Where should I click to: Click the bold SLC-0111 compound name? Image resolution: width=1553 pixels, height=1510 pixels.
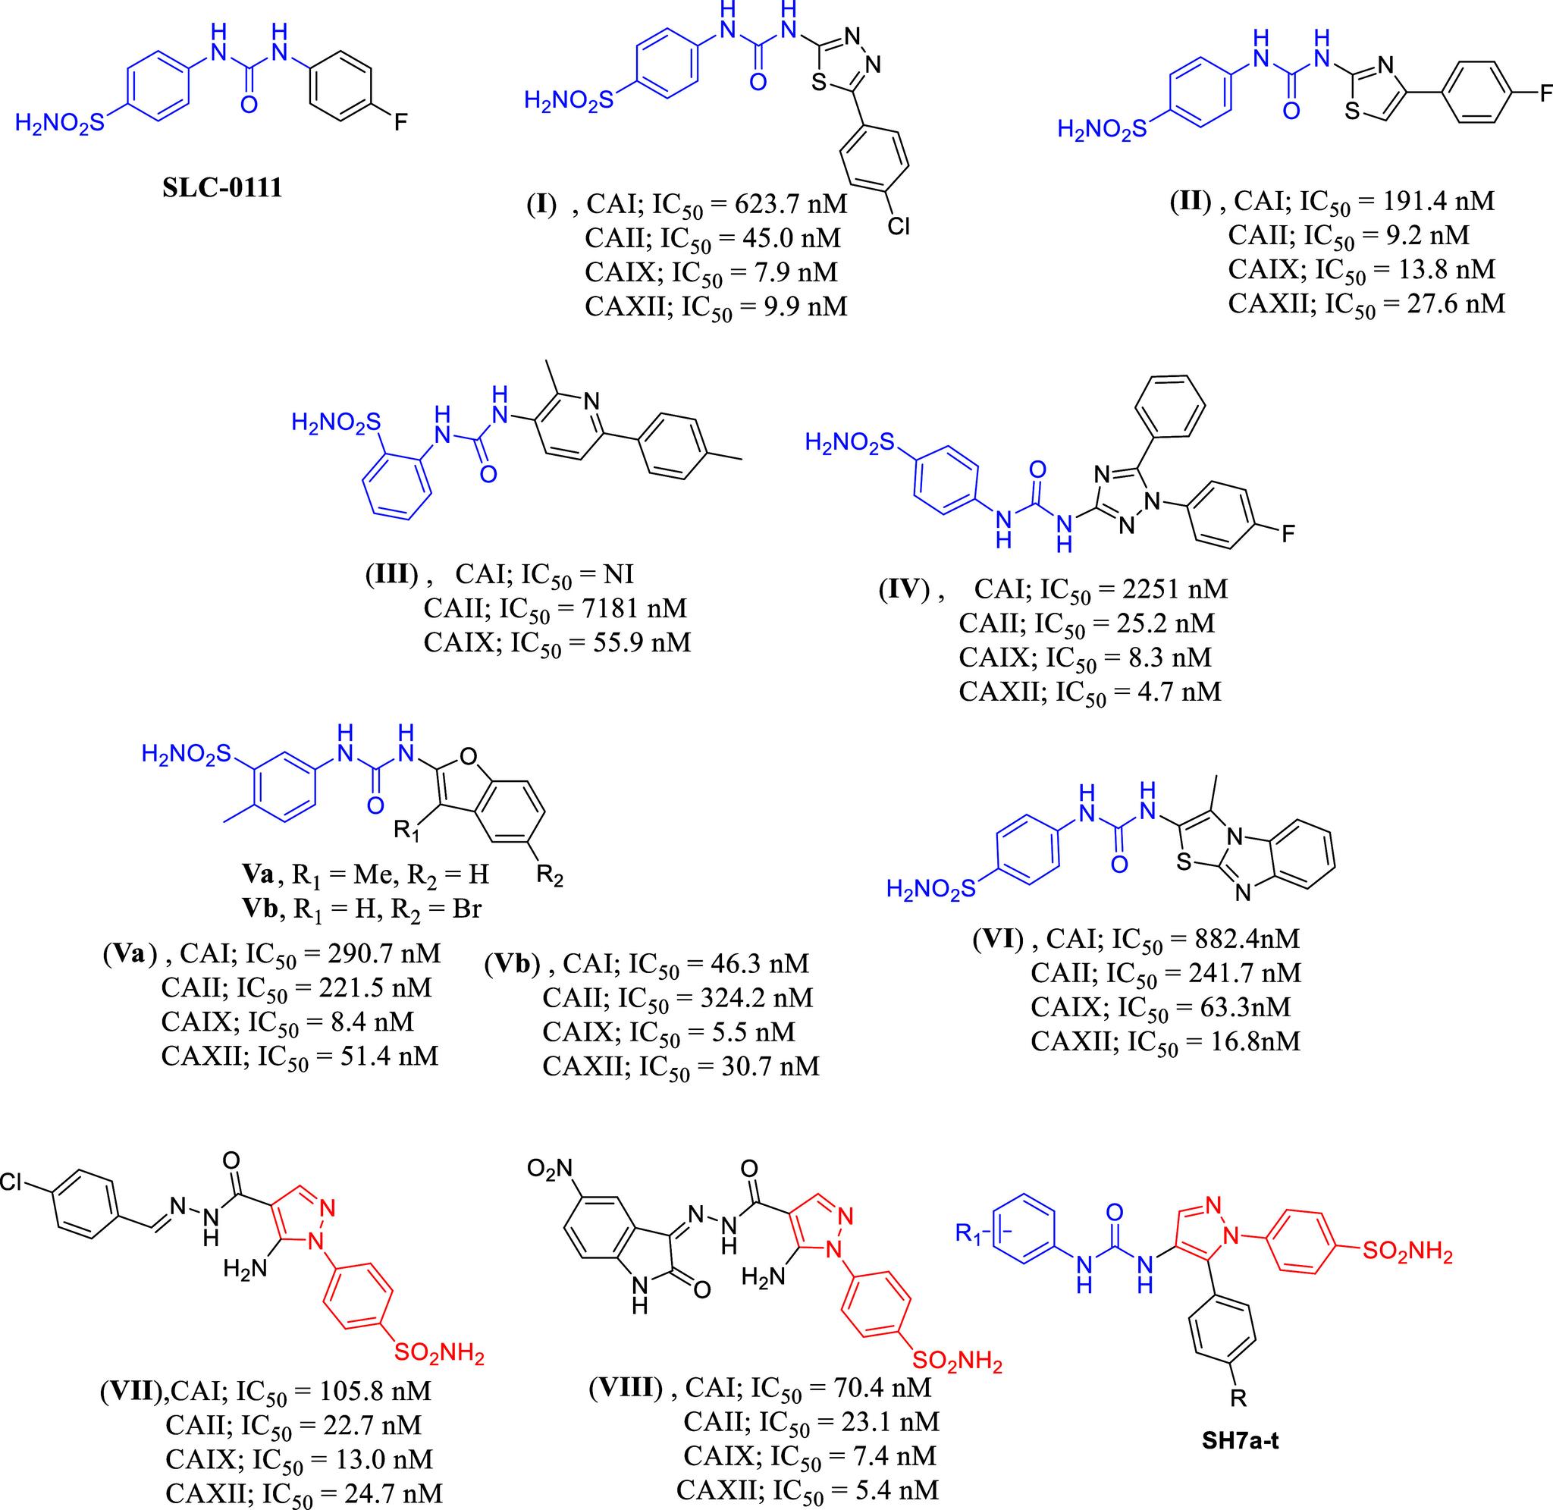(x=222, y=189)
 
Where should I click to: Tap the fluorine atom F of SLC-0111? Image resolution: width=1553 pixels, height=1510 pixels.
(x=401, y=123)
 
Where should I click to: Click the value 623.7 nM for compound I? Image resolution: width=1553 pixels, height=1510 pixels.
(x=790, y=205)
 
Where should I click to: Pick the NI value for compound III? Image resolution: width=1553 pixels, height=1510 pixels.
(x=618, y=574)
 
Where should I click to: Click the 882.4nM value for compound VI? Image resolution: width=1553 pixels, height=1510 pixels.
(x=1247, y=939)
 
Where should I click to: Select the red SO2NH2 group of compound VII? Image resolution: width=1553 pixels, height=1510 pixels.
(x=438, y=1353)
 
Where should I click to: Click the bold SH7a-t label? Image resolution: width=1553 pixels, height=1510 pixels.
(x=1241, y=1463)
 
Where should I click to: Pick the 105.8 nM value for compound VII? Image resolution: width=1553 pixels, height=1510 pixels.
(x=381, y=1391)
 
